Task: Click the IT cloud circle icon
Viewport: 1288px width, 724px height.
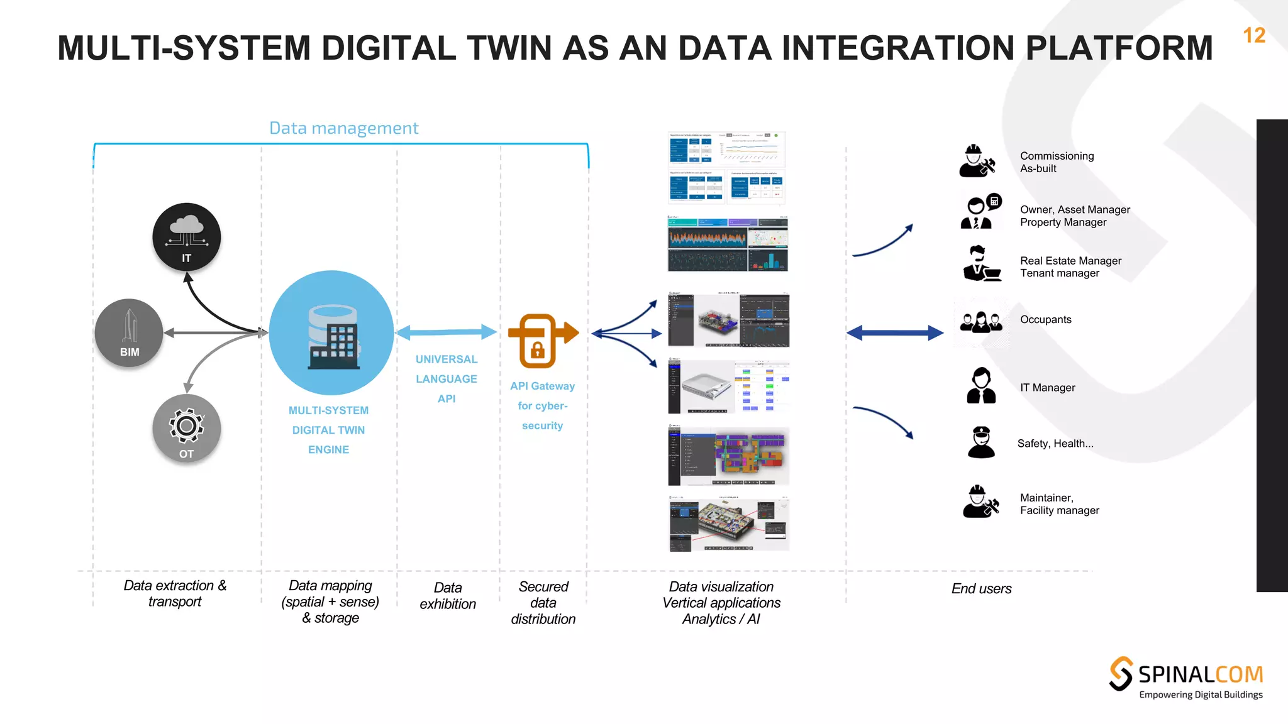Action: point(186,237)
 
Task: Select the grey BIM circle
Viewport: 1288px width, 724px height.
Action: point(129,332)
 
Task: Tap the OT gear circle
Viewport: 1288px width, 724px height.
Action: point(186,429)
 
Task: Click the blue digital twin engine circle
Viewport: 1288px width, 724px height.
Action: point(331,332)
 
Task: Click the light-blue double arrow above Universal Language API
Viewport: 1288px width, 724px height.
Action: point(447,332)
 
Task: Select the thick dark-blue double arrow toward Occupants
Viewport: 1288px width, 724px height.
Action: point(894,332)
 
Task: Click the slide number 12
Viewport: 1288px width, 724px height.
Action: point(1254,35)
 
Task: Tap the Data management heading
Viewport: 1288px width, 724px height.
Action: point(343,128)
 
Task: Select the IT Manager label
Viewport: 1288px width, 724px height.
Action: point(1047,388)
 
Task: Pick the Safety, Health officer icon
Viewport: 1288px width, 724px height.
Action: point(981,442)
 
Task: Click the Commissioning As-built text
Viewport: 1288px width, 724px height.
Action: point(1057,162)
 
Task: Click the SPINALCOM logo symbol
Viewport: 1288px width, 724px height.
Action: point(1121,674)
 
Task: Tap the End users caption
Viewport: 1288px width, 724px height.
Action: point(981,589)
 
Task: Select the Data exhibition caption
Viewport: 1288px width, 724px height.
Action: point(447,596)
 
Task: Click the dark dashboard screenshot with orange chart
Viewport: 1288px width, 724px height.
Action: point(728,244)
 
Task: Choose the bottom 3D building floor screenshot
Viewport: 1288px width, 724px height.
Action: point(728,524)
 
